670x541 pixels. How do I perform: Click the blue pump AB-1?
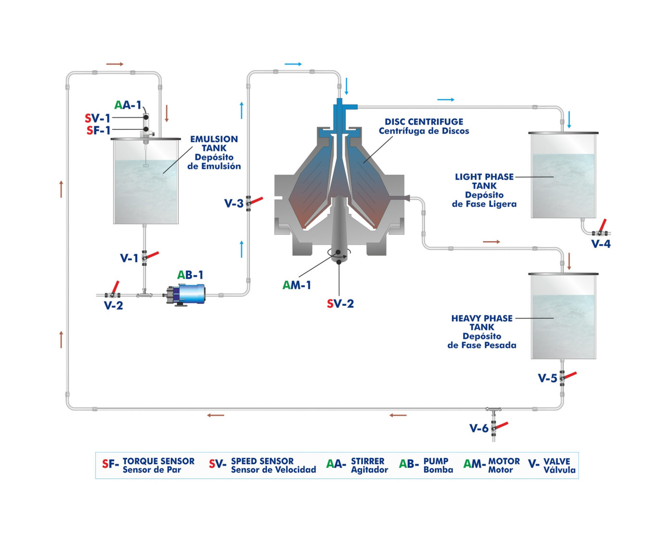click(x=190, y=294)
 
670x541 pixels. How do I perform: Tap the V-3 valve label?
click(x=234, y=203)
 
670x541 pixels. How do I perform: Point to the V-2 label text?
click(x=114, y=305)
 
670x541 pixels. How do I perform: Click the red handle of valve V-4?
click(x=602, y=225)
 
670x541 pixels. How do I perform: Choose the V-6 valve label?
click(x=479, y=428)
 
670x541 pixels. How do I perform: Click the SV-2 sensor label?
click(x=340, y=303)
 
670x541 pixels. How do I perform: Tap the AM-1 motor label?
click(x=296, y=285)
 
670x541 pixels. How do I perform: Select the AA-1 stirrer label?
click(x=127, y=105)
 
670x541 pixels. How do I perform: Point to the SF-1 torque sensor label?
click(x=98, y=130)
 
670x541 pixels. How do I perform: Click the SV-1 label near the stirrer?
click(x=97, y=118)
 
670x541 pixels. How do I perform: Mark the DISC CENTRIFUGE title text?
click(x=424, y=122)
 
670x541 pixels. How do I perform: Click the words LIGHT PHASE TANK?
click(x=484, y=181)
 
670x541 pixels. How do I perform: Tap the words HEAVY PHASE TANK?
click(x=482, y=323)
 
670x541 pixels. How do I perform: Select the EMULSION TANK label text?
click(x=214, y=143)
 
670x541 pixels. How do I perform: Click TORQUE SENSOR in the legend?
click(x=158, y=461)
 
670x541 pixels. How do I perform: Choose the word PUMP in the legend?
click(x=436, y=461)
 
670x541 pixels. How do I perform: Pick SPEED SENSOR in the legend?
click(x=262, y=461)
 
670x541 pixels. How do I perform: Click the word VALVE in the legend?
click(x=556, y=461)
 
